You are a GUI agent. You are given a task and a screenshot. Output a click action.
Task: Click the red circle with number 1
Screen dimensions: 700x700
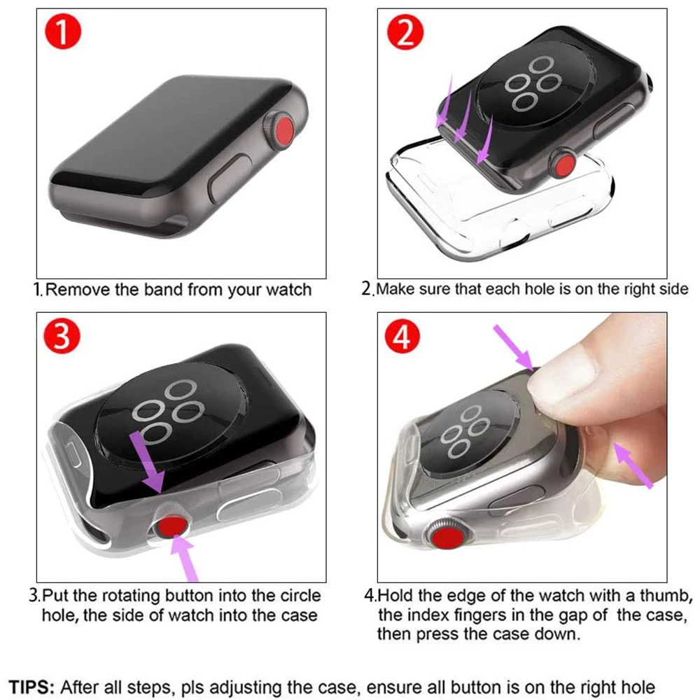point(64,34)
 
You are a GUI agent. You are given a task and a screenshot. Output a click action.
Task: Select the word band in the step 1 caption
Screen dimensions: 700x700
point(162,289)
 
